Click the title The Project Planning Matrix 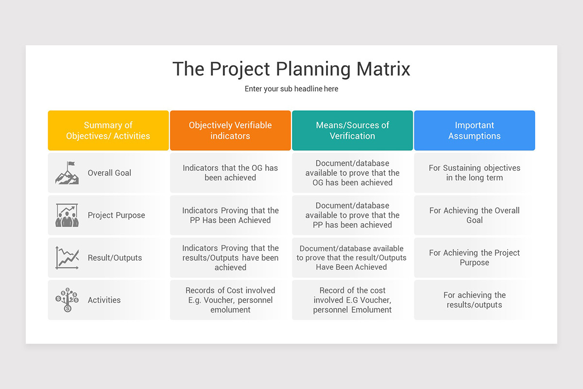pyautogui.click(x=291, y=69)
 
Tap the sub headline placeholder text pyautogui.click(x=291, y=89)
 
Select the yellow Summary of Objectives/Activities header pyautogui.click(x=108, y=130)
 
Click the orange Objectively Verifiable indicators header pyautogui.click(x=230, y=130)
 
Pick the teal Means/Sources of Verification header pyautogui.click(x=352, y=130)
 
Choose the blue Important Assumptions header pyautogui.click(x=474, y=130)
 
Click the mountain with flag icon pyautogui.click(x=67, y=173)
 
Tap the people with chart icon pyautogui.click(x=67, y=215)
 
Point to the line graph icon pyautogui.click(x=67, y=258)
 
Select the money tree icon pyautogui.click(x=67, y=300)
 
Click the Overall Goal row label pyautogui.click(x=109, y=173)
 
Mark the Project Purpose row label pyautogui.click(x=116, y=215)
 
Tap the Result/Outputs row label pyautogui.click(x=115, y=258)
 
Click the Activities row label pyautogui.click(x=104, y=300)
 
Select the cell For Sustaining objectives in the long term pyautogui.click(x=474, y=173)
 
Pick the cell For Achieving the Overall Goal pyautogui.click(x=474, y=215)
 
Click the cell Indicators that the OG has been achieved pyautogui.click(x=230, y=173)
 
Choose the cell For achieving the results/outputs pyautogui.click(x=474, y=300)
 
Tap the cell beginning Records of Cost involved pyautogui.click(x=230, y=300)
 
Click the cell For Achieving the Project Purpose pyautogui.click(x=474, y=258)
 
